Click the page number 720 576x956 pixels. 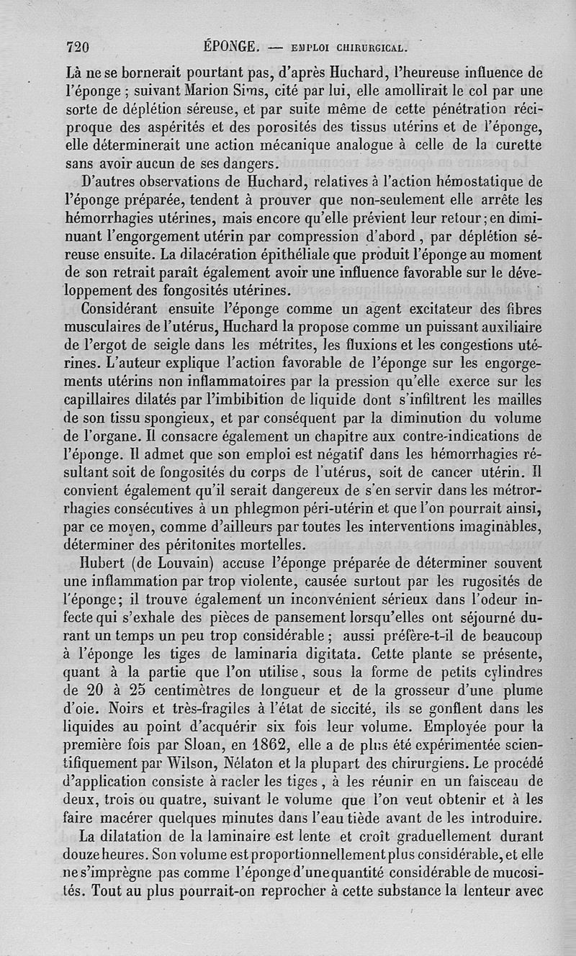(76, 48)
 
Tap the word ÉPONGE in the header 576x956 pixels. (230, 48)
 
